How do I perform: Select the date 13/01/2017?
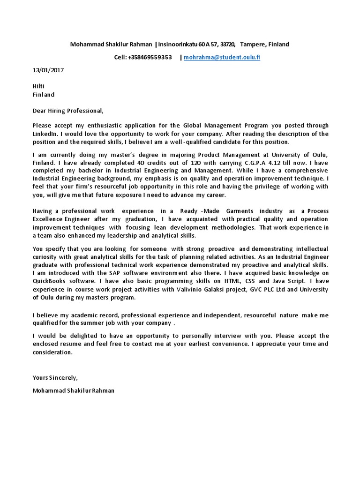tap(48, 70)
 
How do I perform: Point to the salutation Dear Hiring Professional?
tap(67, 111)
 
